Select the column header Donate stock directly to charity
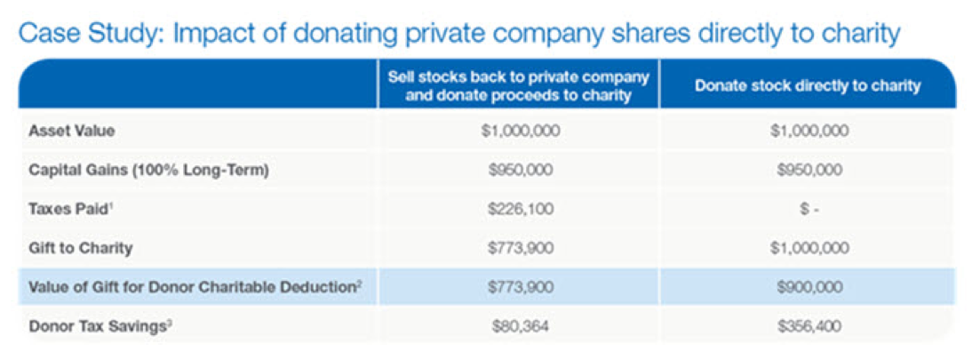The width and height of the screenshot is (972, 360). [807, 86]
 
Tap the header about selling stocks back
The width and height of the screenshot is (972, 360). [518, 86]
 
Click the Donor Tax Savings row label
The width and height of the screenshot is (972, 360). [98, 326]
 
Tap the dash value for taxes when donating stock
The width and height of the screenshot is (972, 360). [807, 209]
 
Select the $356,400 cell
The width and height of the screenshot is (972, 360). [807, 326]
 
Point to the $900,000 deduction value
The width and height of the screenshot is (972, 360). [807, 286]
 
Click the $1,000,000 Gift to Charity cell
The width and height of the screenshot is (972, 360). [807, 248]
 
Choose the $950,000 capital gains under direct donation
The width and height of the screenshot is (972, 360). [807, 170]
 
